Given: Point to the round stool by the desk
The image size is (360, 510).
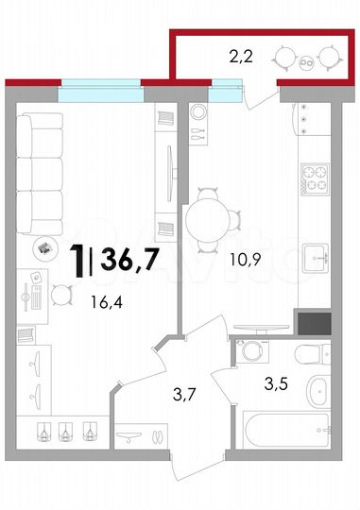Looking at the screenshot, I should point(60,294).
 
